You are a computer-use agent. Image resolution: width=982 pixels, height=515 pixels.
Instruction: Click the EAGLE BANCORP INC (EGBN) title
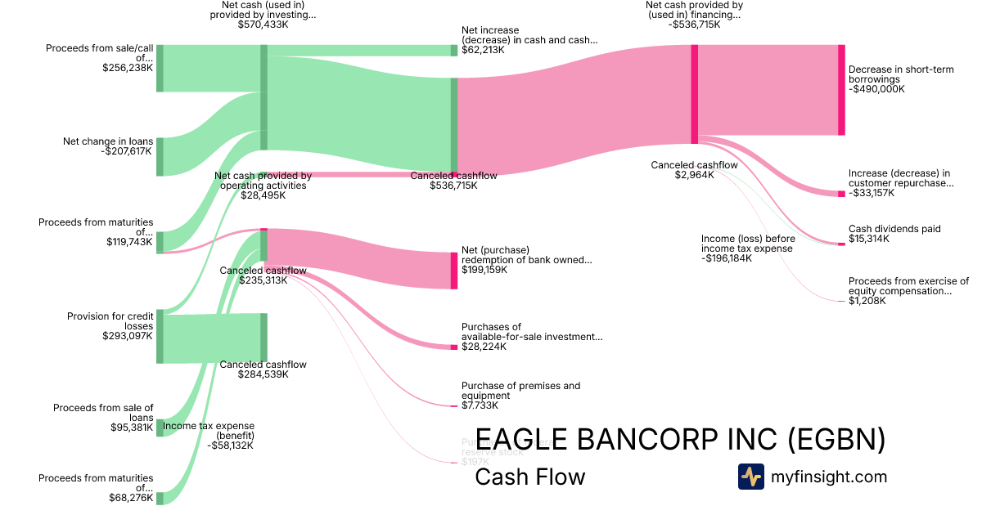coord(680,439)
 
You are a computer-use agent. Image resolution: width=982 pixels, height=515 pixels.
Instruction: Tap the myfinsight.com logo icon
coord(750,477)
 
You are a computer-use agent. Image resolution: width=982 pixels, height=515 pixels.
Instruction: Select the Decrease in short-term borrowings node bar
coord(841,90)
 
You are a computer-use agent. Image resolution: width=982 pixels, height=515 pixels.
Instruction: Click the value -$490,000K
coord(877,89)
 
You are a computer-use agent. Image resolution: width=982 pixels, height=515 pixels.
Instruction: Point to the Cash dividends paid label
coord(894,229)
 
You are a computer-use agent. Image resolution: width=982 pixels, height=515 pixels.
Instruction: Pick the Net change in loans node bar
coord(160,157)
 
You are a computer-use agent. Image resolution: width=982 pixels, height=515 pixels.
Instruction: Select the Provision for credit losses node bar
coord(160,336)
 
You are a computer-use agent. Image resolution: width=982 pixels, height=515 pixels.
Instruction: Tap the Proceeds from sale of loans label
coord(103,412)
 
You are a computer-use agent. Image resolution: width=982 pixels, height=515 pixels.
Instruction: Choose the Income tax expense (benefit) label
coord(209,431)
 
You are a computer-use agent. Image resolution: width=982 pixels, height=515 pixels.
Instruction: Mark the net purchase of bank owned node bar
coord(454,271)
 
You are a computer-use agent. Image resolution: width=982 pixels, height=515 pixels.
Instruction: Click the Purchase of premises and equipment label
coord(520,391)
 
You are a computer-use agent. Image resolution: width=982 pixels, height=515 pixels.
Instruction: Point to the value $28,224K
coord(484,347)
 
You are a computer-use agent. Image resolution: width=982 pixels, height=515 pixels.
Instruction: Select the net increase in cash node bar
coord(454,51)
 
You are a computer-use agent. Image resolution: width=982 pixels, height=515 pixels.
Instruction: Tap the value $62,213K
coord(483,50)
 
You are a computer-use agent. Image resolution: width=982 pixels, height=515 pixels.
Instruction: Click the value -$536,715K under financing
coord(693,25)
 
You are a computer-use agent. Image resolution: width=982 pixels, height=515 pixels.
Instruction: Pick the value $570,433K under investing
coord(264,25)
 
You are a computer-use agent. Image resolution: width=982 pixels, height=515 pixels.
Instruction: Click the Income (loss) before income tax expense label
coord(747,244)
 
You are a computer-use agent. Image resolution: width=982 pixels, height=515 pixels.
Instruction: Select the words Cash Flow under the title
coord(530,477)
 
